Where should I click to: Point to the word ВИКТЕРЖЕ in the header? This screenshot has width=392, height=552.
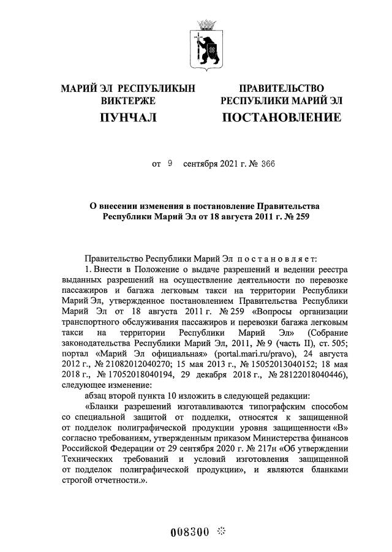click(x=128, y=100)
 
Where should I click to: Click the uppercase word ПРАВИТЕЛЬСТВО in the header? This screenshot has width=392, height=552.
click(x=281, y=88)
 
